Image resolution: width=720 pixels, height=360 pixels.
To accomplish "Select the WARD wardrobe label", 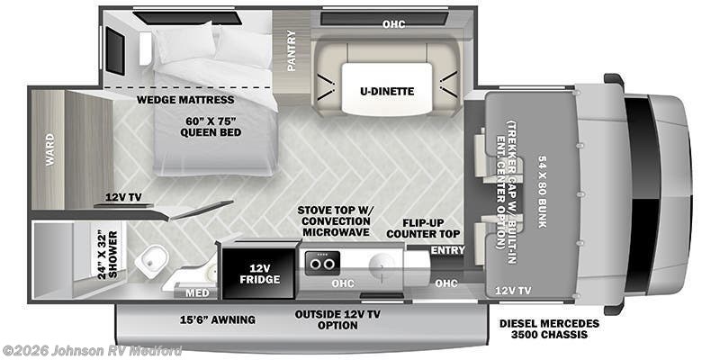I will coord(49,149).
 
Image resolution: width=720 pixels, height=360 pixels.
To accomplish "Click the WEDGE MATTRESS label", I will coord(186,100).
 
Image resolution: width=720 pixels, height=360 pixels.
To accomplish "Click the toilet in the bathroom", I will coord(152,261).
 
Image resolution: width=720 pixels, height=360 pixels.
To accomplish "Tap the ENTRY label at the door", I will coord(447,249).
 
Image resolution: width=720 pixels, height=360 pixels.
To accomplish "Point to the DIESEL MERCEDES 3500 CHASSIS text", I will coord(548,328).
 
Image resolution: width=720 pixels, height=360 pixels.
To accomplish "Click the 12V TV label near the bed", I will coord(123,196).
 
